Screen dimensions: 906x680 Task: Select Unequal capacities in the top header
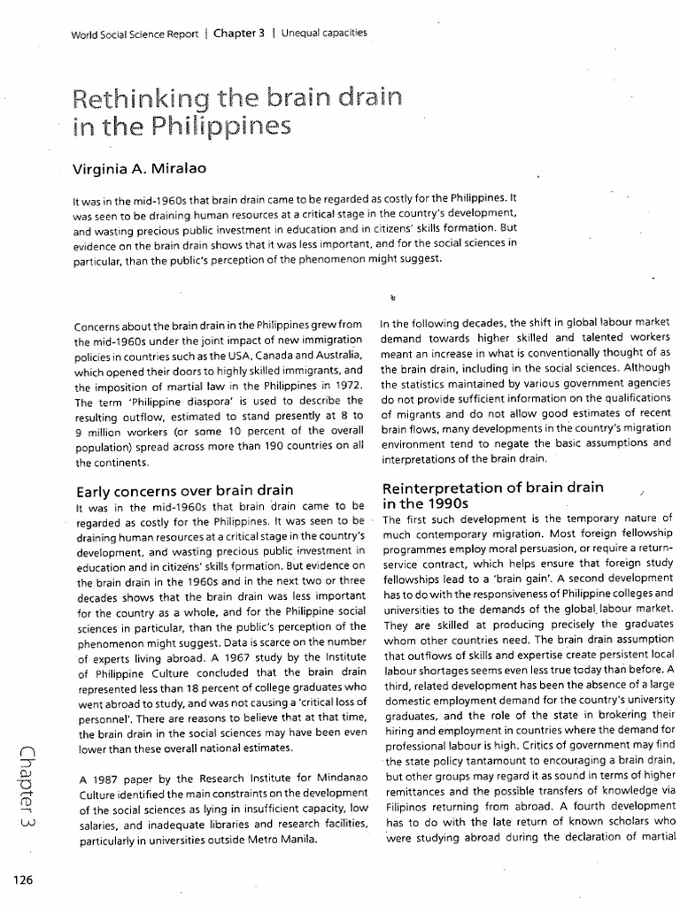325,34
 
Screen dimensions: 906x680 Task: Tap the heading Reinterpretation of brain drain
492,488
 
